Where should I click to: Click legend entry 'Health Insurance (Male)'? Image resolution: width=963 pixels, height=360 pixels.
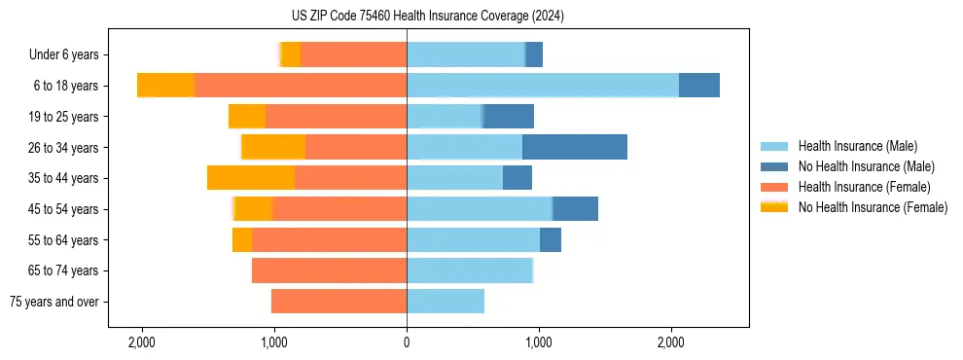(x=856, y=146)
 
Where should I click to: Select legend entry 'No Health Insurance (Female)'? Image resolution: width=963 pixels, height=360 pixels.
(x=873, y=207)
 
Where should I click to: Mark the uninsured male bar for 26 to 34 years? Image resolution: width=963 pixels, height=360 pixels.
(x=575, y=147)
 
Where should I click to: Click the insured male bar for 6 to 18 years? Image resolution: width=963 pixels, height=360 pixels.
(x=543, y=86)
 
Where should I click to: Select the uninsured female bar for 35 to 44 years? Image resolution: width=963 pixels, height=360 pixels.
(x=251, y=178)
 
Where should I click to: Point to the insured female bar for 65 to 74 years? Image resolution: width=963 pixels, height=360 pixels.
(x=329, y=270)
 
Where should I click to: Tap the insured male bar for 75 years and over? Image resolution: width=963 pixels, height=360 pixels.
(x=446, y=302)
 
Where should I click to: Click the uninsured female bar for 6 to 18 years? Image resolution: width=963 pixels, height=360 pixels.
(x=166, y=86)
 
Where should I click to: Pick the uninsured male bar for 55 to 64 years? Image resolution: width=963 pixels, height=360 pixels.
(x=551, y=239)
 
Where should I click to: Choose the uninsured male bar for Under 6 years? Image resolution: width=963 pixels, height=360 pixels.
(x=534, y=54)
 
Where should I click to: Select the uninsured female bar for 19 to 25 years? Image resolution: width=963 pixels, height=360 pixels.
(x=247, y=116)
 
